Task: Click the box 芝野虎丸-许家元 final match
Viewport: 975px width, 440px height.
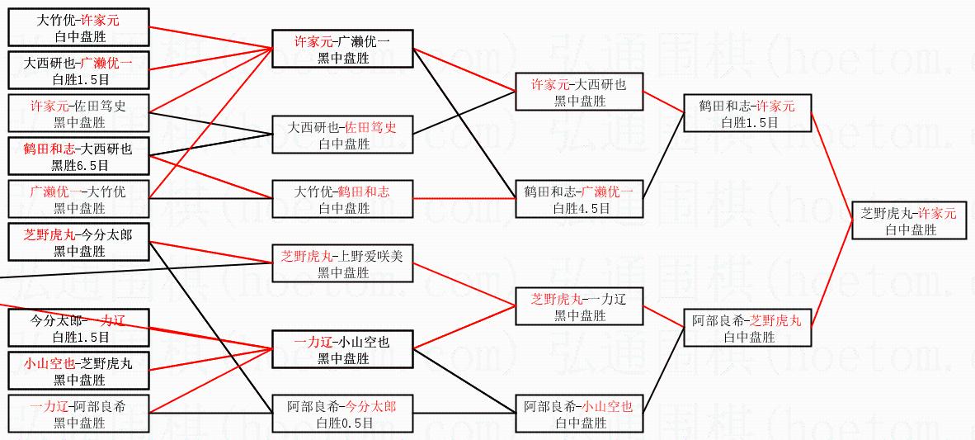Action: (x=908, y=220)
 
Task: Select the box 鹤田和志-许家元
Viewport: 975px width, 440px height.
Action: (x=747, y=113)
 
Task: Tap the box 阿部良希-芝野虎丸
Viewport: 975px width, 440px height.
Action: (x=747, y=328)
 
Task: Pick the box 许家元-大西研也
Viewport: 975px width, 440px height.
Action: (x=579, y=92)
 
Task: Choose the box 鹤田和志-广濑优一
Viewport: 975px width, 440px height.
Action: (x=579, y=199)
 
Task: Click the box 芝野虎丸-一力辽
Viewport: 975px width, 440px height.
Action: (x=579, y=306)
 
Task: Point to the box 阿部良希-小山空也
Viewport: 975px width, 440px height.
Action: (x=579, y=414)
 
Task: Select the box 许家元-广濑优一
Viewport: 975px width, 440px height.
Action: (x=342, y=49)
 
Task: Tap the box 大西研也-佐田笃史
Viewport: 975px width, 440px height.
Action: (x=342, y=135)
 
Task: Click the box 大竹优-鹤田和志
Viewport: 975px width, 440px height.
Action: (x=342, y=199)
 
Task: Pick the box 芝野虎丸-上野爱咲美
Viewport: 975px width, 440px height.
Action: (x=342, y=263)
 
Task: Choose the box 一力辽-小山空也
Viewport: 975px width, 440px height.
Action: (x=342, y=349)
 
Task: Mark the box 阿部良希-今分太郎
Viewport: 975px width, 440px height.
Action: (x=342, y=414)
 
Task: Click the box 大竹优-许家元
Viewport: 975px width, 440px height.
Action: (x=79, y=27)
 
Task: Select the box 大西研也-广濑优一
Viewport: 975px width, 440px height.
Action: (x=79, y=70)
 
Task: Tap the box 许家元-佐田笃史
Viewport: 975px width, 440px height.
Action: (x=79, y=113)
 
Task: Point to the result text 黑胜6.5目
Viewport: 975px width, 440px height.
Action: (x=79, y=165)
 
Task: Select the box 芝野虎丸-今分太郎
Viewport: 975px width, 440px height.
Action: (x=79, y=242)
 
